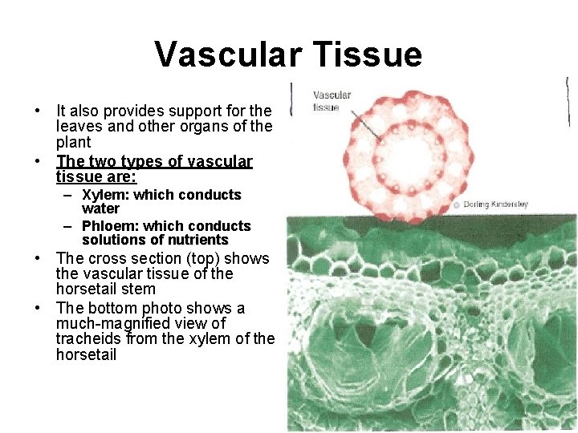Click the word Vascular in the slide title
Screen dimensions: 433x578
coord(226,55)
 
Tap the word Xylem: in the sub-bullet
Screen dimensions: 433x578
coord(105,195)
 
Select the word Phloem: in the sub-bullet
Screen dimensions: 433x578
coord(110,226)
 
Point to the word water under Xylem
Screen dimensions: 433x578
coord(100,208)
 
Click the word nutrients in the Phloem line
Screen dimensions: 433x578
coord(197,240)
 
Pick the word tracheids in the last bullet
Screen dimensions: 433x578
coord(88,339)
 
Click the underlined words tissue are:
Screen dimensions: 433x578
coord(96,176)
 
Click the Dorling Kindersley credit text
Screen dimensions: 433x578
coord(495,204)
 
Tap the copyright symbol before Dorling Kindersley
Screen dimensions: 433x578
coord(456,204)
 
